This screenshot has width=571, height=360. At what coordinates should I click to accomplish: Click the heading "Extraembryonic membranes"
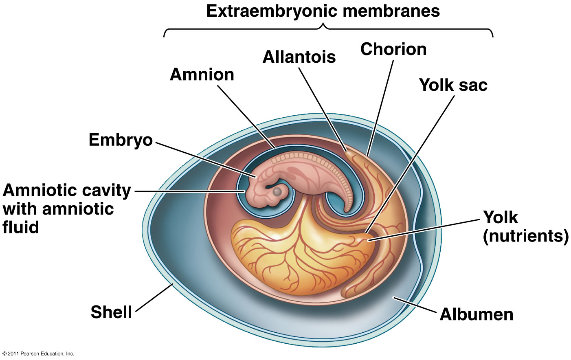click(323, 11)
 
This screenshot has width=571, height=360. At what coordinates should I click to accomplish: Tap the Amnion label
click(202, 75)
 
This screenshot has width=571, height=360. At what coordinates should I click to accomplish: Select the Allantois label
click(299, 57)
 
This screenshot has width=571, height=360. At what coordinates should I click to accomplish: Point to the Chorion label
click(393, 49)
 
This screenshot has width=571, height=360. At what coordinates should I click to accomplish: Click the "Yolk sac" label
click(453, 85)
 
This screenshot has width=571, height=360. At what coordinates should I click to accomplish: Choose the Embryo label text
click(121, 140)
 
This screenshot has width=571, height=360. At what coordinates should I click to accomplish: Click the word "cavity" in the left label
click(107, 190)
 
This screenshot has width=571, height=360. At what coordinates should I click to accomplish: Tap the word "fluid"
click(21, 227)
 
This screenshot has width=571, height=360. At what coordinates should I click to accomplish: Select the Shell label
click(111, 312)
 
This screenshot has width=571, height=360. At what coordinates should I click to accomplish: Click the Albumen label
click(476, 314)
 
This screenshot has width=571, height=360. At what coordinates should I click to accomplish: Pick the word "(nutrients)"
click(525, 236)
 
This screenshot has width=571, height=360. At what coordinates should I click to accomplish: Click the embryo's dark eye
click(277, 191)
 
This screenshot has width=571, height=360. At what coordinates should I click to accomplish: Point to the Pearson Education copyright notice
click(37, 353)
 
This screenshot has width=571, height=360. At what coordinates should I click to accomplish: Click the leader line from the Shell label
click(154, 298)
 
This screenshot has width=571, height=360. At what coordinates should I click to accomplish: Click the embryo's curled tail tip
click(347, 209)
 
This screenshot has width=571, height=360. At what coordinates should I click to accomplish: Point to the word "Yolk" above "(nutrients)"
click(501, 217)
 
